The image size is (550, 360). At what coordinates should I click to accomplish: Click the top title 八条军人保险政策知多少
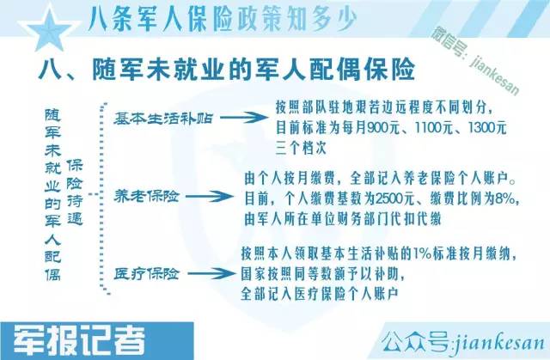point(223,18)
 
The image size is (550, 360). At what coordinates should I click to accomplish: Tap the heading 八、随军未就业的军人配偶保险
point(227,70)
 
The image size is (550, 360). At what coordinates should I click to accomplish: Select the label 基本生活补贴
point(163,118)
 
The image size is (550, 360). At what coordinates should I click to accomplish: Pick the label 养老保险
point(146,196)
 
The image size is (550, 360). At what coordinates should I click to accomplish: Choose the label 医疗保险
point(146,273)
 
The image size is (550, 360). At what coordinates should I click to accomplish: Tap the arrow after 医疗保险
point(211,273)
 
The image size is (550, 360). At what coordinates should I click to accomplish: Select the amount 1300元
point(487,128)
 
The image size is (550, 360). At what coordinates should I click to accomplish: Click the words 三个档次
point(301,148)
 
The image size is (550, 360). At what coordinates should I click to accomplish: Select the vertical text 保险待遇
point(75,192)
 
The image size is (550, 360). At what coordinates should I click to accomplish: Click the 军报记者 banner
point(79,341)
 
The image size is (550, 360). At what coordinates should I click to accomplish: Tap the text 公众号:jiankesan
point(463,341)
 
